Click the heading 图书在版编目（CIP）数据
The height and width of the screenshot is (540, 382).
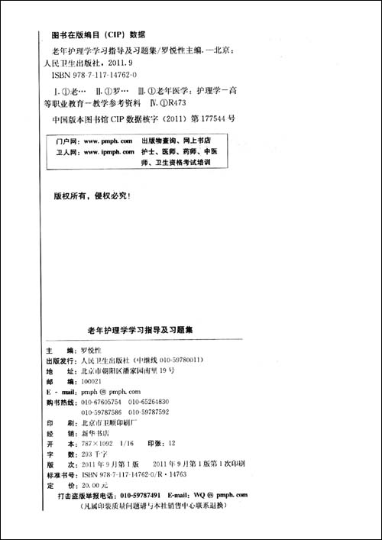coord(97,34)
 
